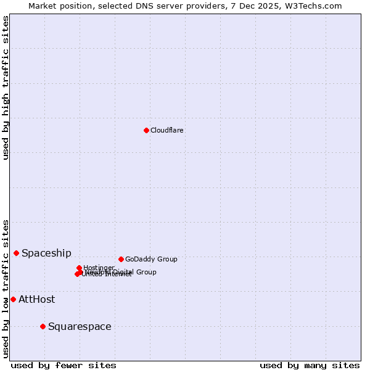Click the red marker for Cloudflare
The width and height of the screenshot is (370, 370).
point(146,130)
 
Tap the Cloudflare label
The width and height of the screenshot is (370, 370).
point(167,130)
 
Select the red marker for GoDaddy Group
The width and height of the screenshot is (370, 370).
point(121,259)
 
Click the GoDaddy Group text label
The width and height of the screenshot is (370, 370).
point(151,259)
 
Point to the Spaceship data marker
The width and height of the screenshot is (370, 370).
point(16,253)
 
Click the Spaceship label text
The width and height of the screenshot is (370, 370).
point(46,253)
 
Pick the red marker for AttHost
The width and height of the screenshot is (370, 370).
point(13,299)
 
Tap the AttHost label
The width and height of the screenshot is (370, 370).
point(36,299)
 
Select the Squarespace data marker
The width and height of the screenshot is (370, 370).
point(43,326)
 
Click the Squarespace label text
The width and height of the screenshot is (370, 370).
point(80,326)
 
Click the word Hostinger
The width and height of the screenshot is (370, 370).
point(99,268)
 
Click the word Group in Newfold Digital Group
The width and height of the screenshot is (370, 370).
point(146,272)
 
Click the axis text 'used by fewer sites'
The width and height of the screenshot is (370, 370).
point(64,365)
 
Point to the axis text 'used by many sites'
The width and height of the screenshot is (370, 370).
point(310,365)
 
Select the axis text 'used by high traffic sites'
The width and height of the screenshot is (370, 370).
point(6,88)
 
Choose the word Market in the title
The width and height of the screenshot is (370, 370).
point(43,6)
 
